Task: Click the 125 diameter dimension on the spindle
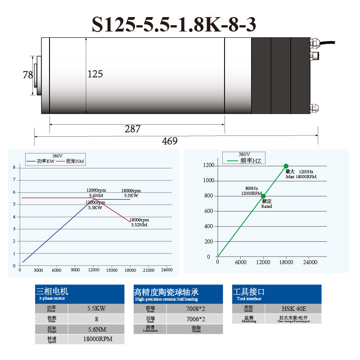[x=95, y=74]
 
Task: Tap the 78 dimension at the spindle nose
[x=28, y=75]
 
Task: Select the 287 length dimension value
[x=132, y=129]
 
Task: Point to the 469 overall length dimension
[x=170, y=141]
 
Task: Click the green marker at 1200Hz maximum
[x=286, y=166]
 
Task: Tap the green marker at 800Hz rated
[x=263, y=196]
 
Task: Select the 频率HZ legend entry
[x=245, y=160]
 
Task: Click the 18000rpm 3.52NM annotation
[x=140, y=222]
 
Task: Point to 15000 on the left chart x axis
[x=111, y=270]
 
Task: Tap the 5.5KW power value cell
[x=96, y=309]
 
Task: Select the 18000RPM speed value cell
[x=96, y=339]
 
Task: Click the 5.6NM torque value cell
[x=96, y=329]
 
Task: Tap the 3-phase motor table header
[x=80, y=294]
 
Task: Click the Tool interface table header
[x=276, y=294]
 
